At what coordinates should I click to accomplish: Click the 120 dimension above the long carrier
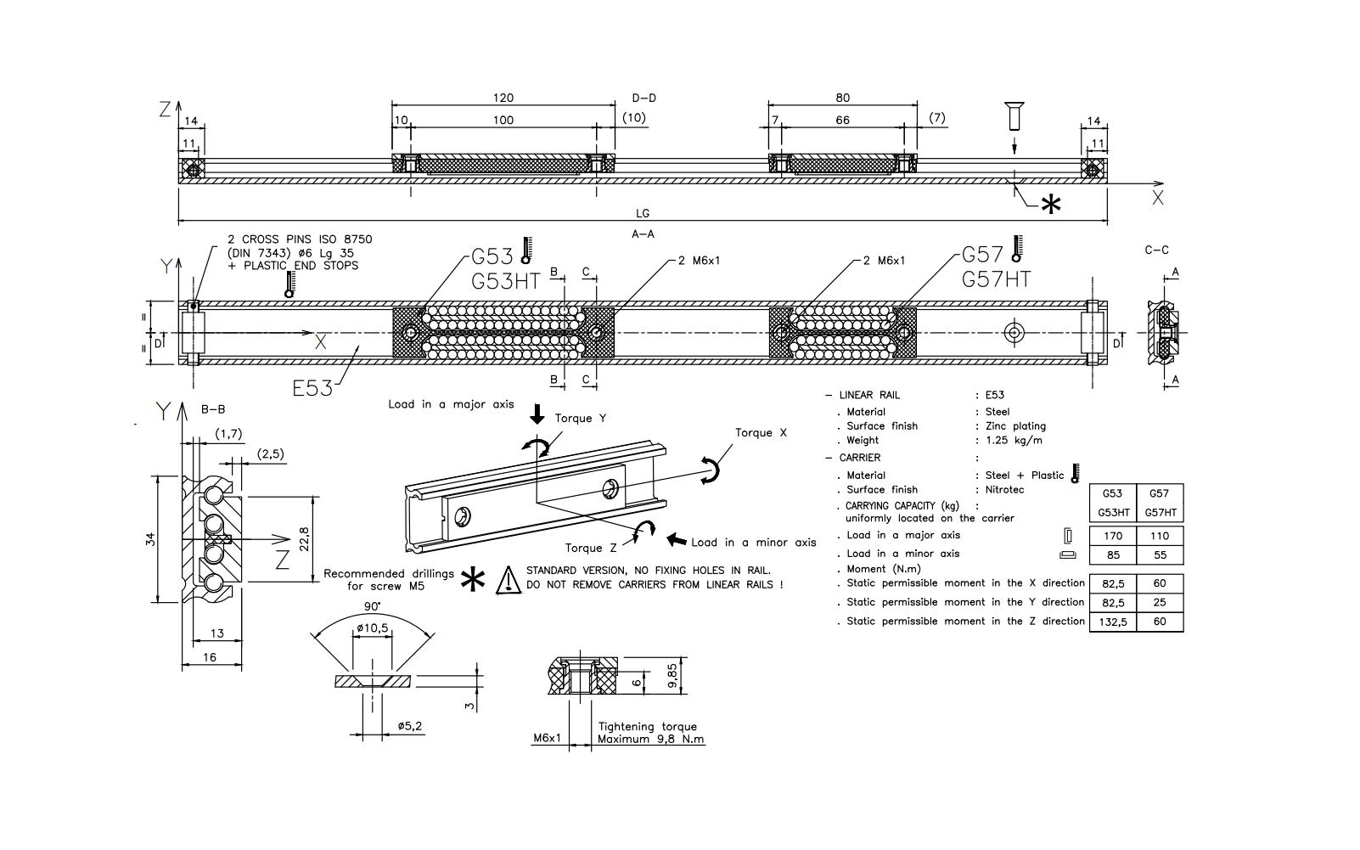click(503, 98)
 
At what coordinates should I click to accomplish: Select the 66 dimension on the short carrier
click(842, 120)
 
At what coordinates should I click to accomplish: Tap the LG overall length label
click(643, 213)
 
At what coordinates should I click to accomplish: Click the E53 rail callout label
click(312, 388)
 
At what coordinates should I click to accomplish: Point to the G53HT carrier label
click(505, 282)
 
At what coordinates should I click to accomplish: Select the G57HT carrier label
click(996, 279)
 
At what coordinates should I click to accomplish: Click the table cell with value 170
click(1113, 536)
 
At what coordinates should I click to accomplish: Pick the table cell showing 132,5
click(1113, 622)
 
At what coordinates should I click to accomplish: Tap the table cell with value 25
click(1160, 602)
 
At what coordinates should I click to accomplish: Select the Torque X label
click(761, 432)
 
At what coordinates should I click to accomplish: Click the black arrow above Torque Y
click(537, 414)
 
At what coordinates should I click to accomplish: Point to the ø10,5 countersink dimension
click(373, 628)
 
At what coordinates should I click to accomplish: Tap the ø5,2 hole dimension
click(409, 726)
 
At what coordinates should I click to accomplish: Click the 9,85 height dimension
click(672, 678)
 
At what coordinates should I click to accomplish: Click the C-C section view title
click(1156, 250)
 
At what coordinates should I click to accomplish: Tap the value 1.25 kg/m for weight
click(1014, 440)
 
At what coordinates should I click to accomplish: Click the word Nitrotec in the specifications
click(1004, 489)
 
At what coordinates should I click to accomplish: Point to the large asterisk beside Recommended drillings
click(473, 579)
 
